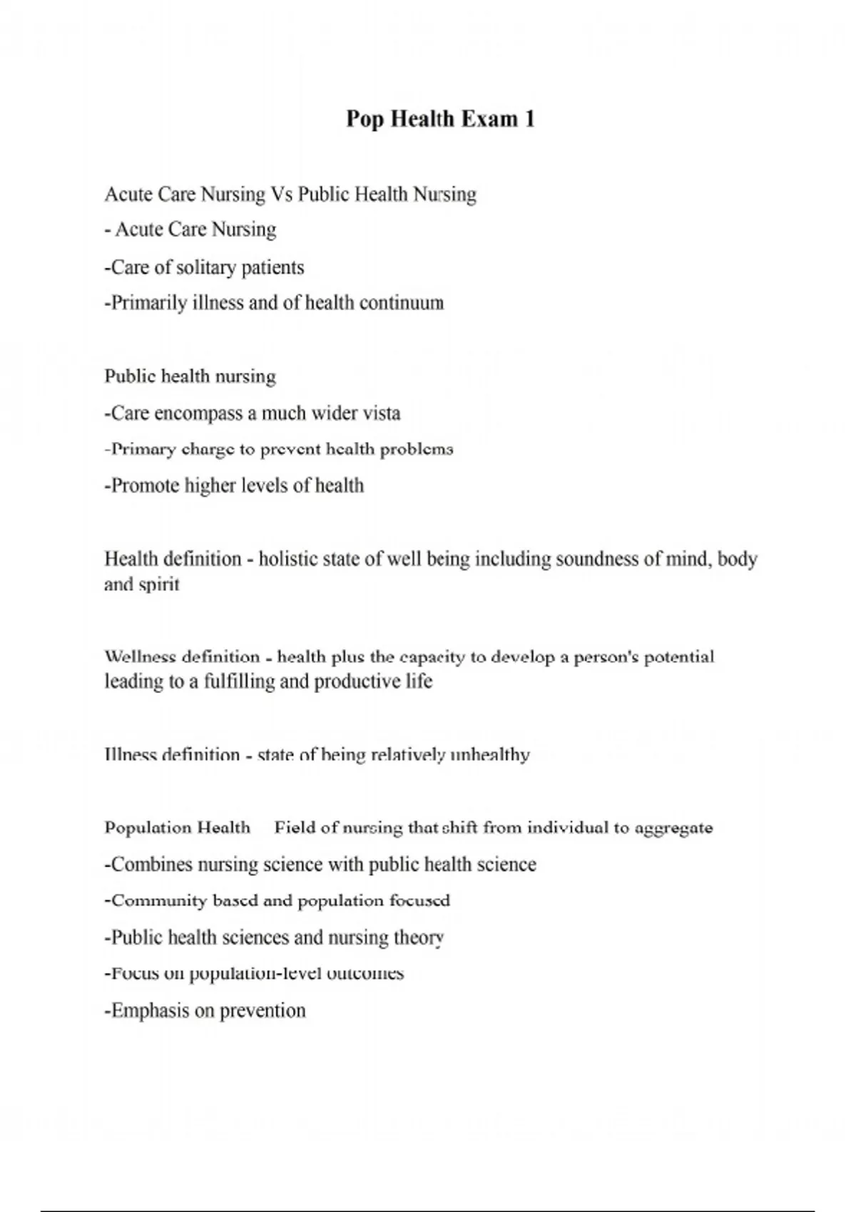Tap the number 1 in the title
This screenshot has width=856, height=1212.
click(x=529, y=118)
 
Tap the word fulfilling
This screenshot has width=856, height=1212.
click(x=239, y=682)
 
